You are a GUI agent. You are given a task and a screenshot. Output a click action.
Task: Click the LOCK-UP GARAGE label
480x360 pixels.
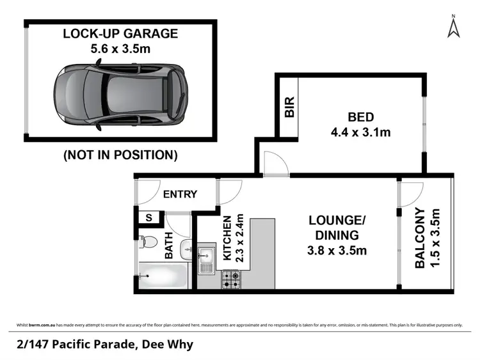tap(120, 33)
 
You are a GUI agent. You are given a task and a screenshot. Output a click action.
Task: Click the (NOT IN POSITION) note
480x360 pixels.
tap(120, 154)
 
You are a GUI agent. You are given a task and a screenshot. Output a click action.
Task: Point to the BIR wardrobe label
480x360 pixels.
tap(289, 106)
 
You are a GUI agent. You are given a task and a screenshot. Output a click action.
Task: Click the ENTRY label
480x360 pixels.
tap(180, 194)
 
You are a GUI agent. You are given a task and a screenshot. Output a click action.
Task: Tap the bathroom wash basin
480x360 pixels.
tap(186, 249)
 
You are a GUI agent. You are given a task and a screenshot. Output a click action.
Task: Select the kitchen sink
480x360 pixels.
tap(207, 259)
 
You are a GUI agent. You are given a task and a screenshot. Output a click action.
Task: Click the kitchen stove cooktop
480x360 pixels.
tap(230, 279)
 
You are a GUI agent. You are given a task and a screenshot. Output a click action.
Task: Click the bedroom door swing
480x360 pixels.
tap(274, 162)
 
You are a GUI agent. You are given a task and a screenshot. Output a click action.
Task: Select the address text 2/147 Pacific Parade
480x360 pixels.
tap(77, 345)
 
